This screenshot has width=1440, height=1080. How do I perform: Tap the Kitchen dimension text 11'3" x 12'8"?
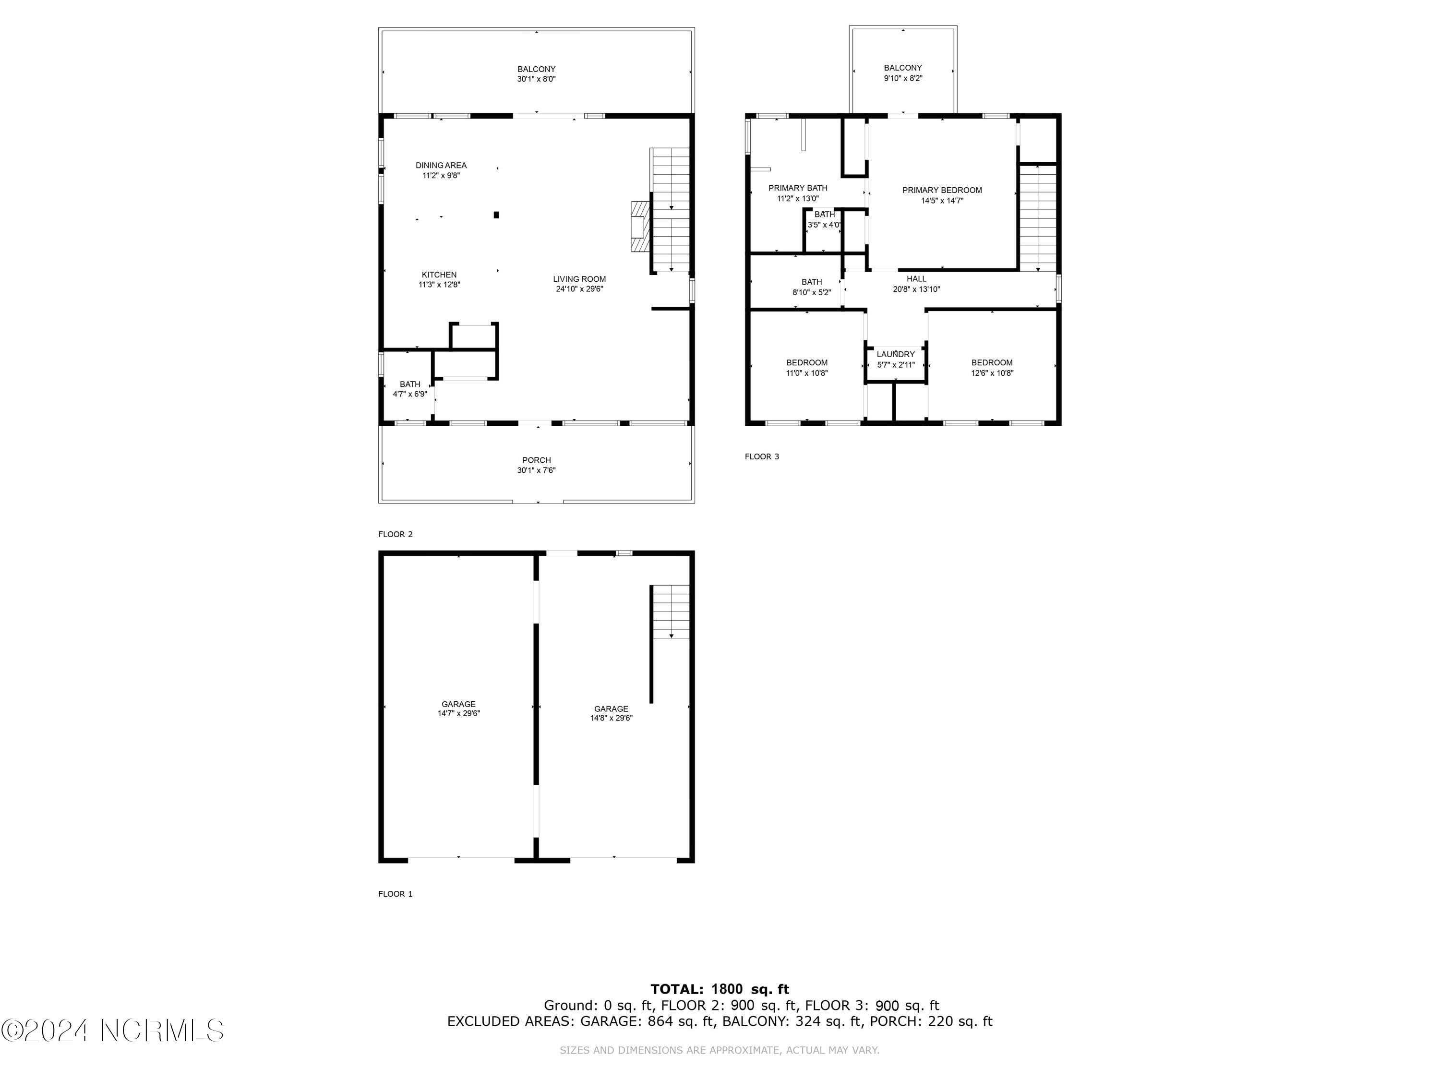click(x=439, y=285)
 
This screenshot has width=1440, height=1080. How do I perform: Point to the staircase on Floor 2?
click(x=670, y=210)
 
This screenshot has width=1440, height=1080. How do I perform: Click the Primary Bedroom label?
click(x=941, y=191)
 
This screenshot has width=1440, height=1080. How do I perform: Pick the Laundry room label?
click(x=895, y=355)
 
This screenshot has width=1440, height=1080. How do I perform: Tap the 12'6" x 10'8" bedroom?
click(x=992, y=368)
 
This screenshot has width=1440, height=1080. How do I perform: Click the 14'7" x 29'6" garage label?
click(x=458, y=708)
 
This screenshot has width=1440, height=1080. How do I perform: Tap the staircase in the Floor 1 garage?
click(x=671, y=612)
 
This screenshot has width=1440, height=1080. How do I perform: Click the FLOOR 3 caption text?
click(x=762, y=456)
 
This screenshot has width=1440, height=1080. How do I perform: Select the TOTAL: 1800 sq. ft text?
click(x=720, y=989)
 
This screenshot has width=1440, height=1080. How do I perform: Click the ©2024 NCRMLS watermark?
click(x=113, y=1031)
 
